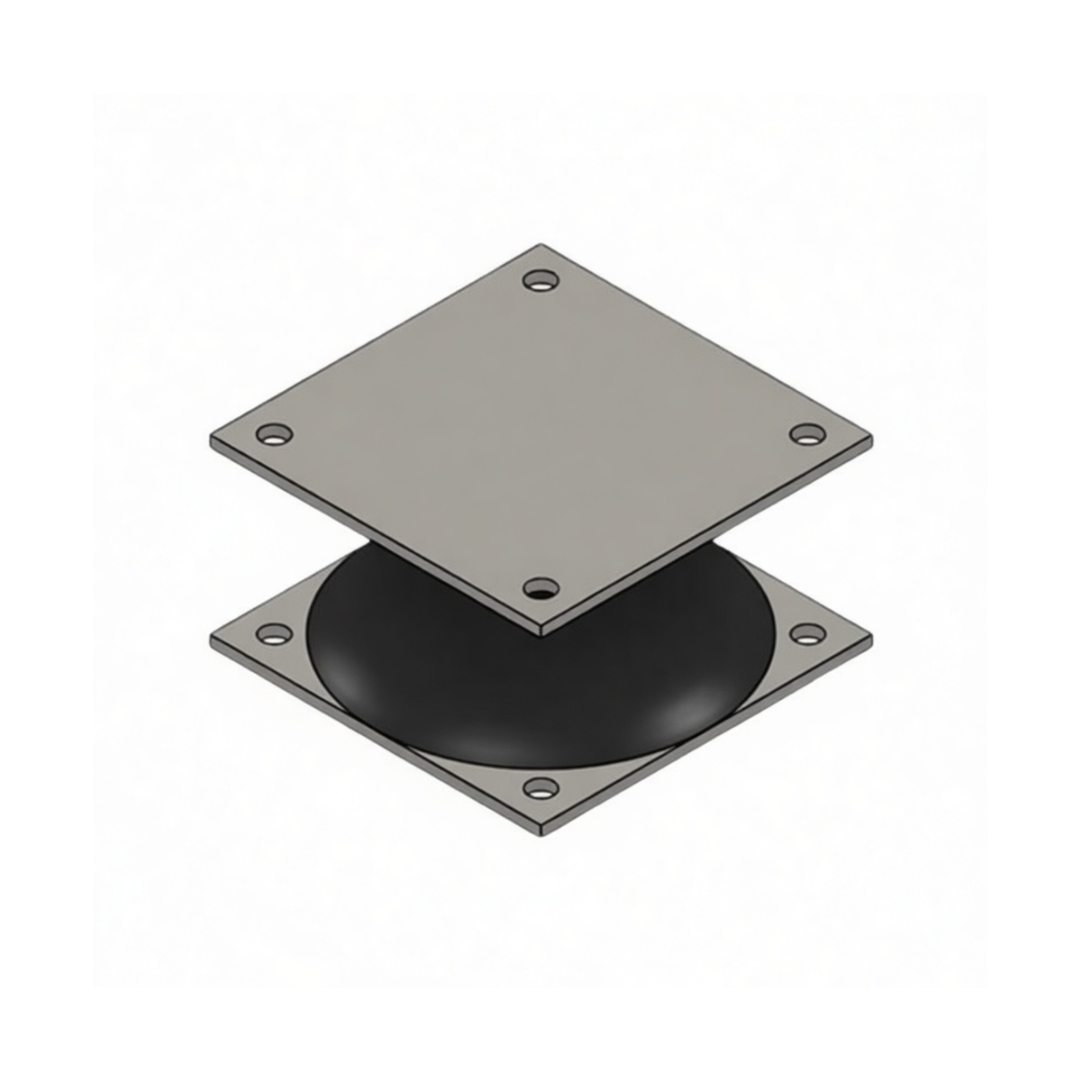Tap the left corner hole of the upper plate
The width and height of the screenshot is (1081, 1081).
coord(275,435)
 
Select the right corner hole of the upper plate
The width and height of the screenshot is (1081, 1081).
coord(807,435)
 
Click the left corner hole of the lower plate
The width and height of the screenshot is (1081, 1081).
coord(274,634)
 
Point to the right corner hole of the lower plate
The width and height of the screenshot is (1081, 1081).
coord(807,634)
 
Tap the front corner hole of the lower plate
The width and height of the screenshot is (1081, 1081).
coord(540,790)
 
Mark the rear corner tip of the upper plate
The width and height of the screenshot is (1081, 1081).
coord(540,245)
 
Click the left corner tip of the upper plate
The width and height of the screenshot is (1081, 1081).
coord(213,438)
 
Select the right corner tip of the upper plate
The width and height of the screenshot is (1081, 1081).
coord(870,438)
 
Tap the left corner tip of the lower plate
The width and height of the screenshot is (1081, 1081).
coord(213,636)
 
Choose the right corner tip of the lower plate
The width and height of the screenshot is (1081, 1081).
coord(870,636)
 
